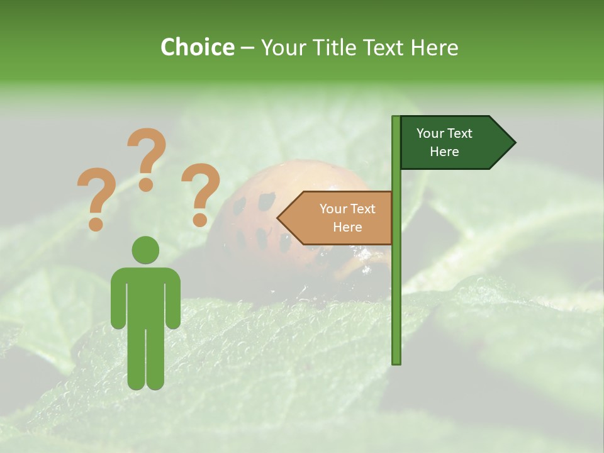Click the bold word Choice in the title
(197, 47)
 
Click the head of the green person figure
(145, 250)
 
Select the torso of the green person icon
(145, 296)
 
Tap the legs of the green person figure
(145, 359)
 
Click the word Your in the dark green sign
(430, 133)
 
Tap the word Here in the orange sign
(347, 227)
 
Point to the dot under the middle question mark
(146, 184)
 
